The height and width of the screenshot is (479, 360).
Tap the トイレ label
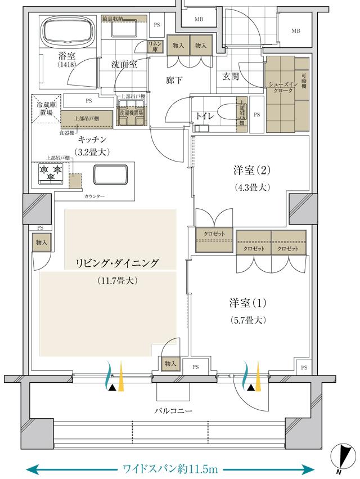pyautogui.click(x=204, y=116)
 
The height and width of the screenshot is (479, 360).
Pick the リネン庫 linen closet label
pyautogui.click(x=154, y=46)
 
